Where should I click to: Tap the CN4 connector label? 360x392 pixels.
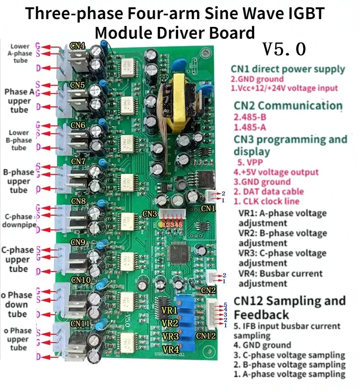tap(78, 46)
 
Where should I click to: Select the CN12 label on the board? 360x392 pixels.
tap(206, 336)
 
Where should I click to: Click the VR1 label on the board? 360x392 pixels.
tap(170, 311)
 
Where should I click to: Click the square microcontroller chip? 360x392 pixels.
tap(178, 252)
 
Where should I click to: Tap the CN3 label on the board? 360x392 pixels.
tap(150, 213)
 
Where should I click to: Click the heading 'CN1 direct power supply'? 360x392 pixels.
tap(288, 70)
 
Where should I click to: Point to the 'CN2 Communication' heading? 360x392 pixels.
tap(288, 105)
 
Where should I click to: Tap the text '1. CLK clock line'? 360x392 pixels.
tap(266, 201)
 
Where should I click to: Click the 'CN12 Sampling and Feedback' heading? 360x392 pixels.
tap(289, 307)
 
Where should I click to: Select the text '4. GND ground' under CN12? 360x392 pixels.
tap(262, 345)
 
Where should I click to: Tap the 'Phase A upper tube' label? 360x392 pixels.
tap(19, 101)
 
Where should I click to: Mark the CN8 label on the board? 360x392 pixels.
tap(78, 201)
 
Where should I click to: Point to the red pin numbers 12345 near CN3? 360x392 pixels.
tap(170, 224)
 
